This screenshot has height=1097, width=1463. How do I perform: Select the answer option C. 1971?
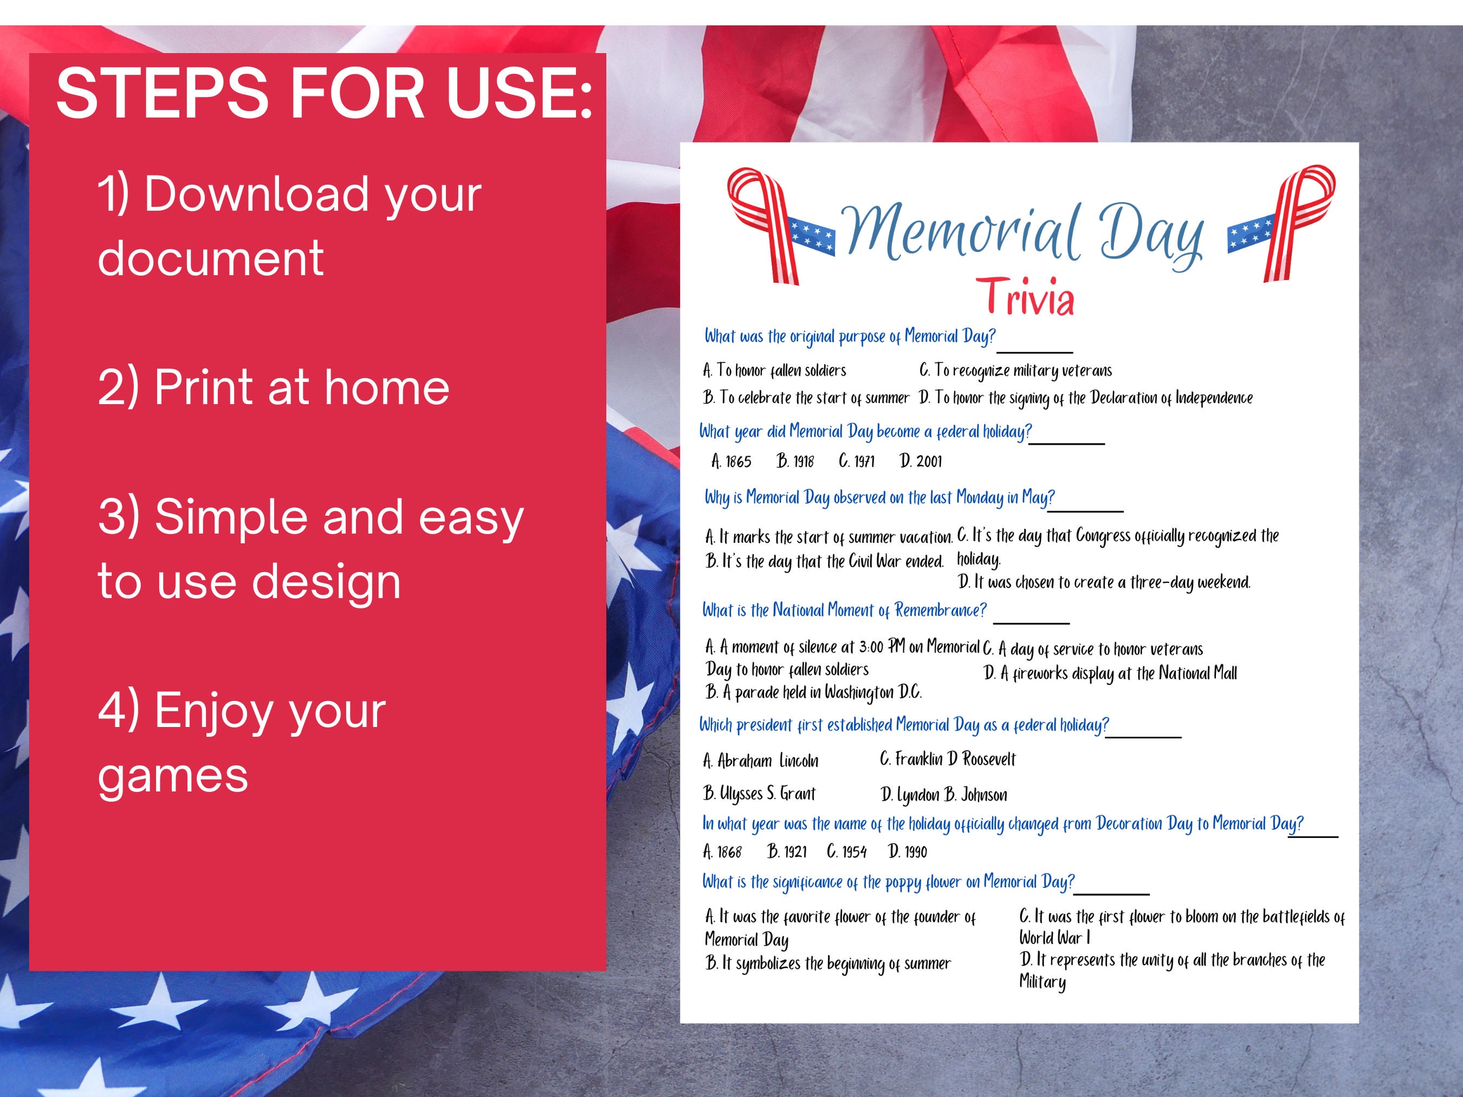click(x=857, y=461)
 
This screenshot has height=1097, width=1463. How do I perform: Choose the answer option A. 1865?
click(x=731, y=461)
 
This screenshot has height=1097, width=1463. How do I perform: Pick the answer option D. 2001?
click(x=921, y=461)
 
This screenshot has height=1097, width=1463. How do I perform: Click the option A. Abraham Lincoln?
click(x=761, y=761)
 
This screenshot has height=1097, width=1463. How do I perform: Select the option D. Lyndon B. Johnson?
click(x=944, y=794)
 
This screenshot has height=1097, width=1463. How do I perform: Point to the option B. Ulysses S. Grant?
click(x=759, y=794)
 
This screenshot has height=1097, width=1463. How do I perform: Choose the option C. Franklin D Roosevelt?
click(x=947, y=759)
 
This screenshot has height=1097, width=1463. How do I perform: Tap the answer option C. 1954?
click(x=846, y=851)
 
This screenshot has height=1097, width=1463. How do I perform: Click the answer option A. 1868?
click(x=722, y=851)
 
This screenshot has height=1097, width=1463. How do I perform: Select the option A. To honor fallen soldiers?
click(x=774, y=371)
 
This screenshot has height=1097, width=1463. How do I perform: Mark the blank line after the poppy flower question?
click(x=1111, y=893)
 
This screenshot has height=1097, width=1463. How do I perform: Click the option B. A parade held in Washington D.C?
click(x=813, y=692)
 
